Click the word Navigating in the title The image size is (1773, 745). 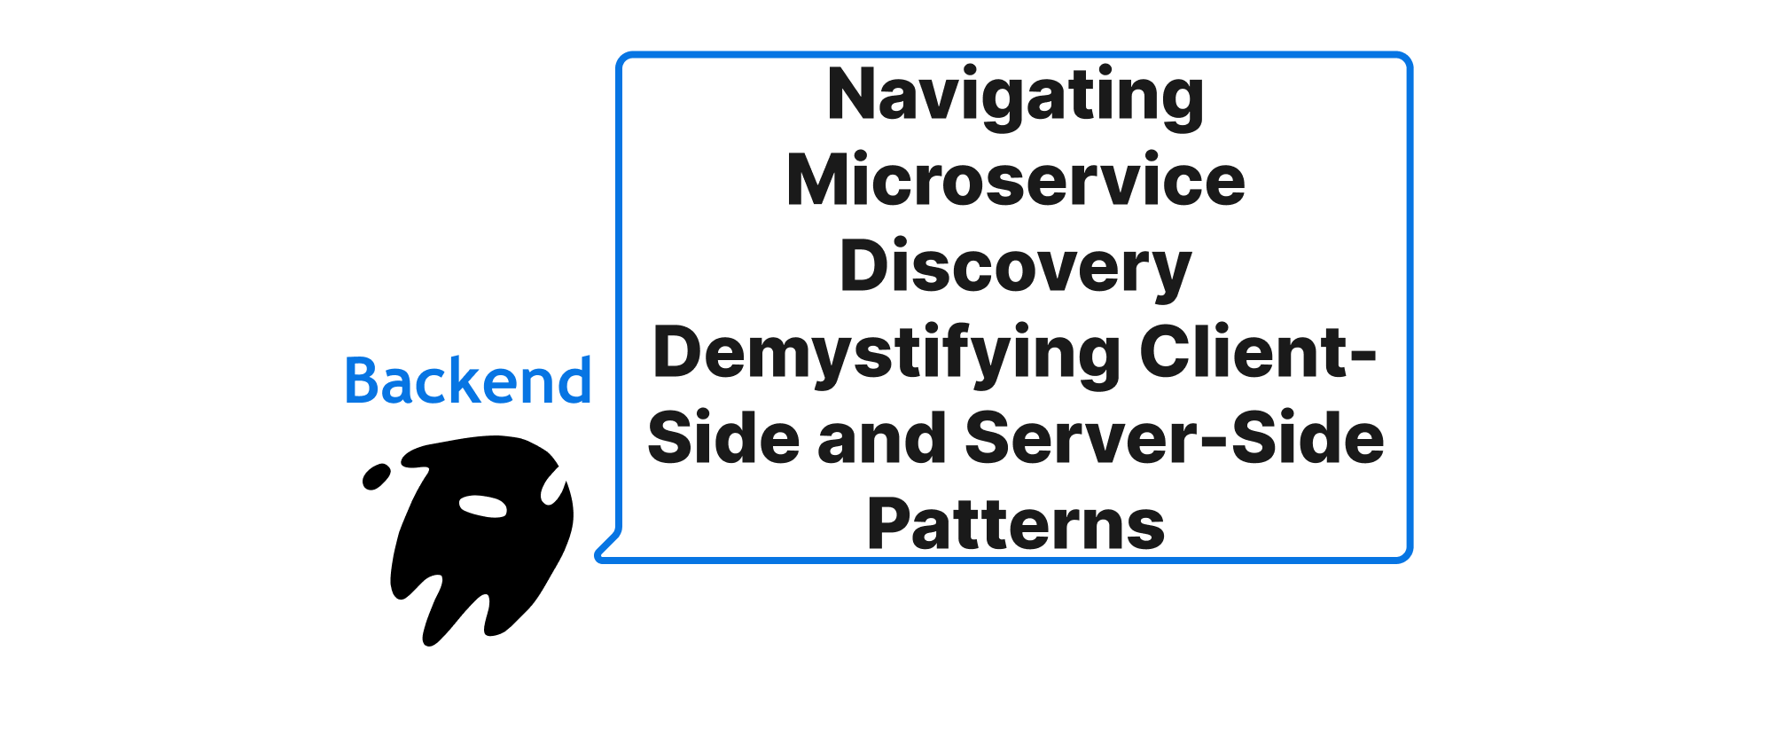pyautogui.click(x=1015, y=96)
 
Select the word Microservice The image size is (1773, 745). pyautogui.click(x=1015, y=181)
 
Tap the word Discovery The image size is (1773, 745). pyautogui.click(x=1015, y=267)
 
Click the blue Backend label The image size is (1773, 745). pyautogui.click(x=467, y=381)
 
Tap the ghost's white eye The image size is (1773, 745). pyautogui.click(x=482, y=506)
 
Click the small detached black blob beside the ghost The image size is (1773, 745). pyautogui.click(x=376, y=476)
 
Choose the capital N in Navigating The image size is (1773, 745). pyautogui.click(x=852, y=94)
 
